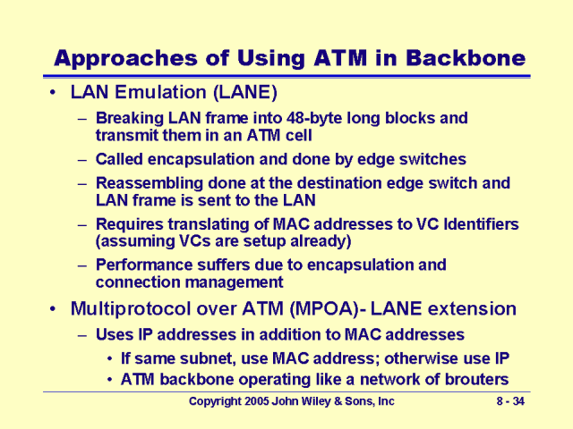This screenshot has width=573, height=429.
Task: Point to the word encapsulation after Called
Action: click(207, 159)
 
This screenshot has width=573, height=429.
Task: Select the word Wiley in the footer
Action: click(317, 402)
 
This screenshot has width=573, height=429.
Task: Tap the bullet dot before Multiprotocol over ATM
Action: click(56, 309)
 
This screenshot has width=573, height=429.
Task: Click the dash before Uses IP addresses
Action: click(83, 334)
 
